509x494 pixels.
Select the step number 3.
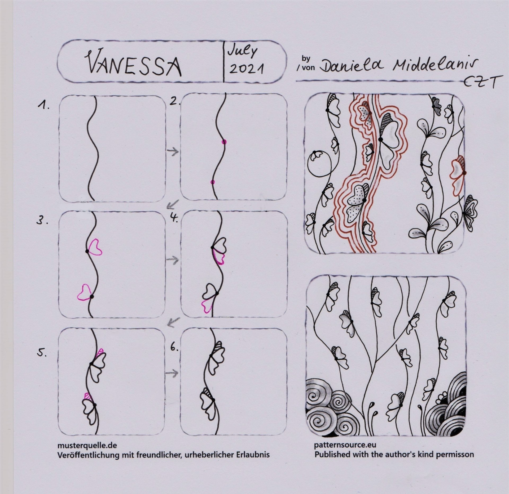(x=42, y=222)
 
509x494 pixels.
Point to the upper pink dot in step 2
(x=224, y=142)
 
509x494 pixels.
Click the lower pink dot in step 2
(x=212, y=182)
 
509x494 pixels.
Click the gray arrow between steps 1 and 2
(x=173, y=152)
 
